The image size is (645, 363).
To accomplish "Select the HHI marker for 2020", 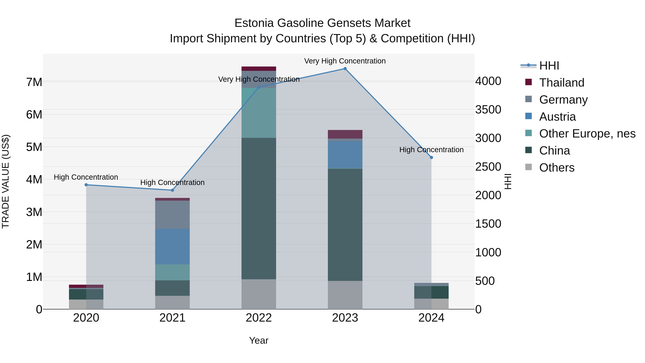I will [86, 185].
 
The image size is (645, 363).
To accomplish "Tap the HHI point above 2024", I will [431, 158].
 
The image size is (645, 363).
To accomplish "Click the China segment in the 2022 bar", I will [259, 208].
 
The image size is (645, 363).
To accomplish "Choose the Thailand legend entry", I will [561, 83].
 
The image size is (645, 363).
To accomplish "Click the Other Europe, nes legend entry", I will [587, 134].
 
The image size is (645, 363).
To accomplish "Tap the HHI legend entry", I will [549, 66].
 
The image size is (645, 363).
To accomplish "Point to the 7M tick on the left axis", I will [34, 82].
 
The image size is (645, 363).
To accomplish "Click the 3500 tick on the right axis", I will [488, 110].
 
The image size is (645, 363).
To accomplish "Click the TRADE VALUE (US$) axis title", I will [6, 181].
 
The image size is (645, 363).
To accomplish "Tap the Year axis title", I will [259, 340].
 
